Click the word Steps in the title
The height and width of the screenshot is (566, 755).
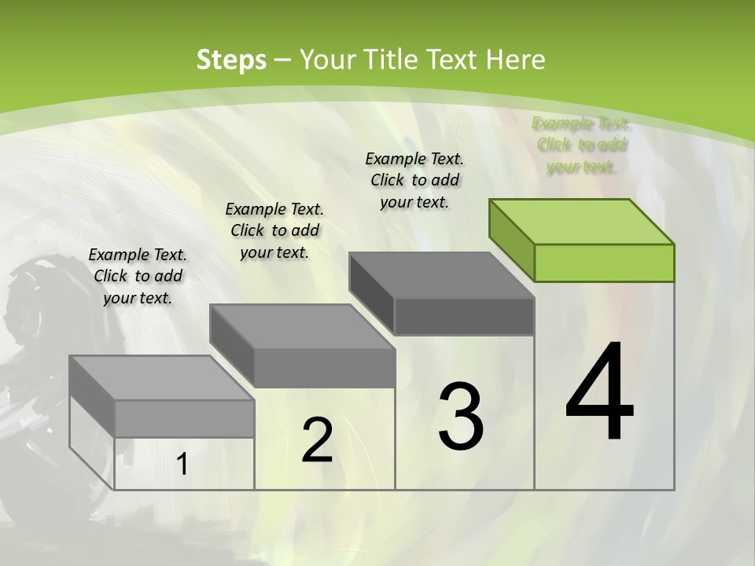(x=231, y=60)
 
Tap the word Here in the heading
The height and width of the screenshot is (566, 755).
(x=515, y=60)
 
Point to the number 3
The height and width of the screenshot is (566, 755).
(x=461, y=417)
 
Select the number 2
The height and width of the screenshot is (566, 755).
(x=318, y=440)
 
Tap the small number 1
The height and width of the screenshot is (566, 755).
(x=182, y=465)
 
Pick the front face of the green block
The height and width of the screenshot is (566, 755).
(x=604, y=263)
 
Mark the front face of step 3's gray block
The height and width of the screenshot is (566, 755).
(x=464, y=316)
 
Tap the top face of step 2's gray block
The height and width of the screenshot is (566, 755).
(x=302, y=327)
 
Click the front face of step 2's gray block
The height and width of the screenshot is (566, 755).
(x=324, y=368)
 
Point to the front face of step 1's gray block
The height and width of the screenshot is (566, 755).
(x=184, y=418)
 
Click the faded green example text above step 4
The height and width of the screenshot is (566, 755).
(x=581, y=145)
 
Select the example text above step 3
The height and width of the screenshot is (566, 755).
(x=414, y=180)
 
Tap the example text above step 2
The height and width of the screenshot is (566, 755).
(x=274, y=230)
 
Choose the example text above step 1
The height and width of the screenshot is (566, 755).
(x=138, y=276)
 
